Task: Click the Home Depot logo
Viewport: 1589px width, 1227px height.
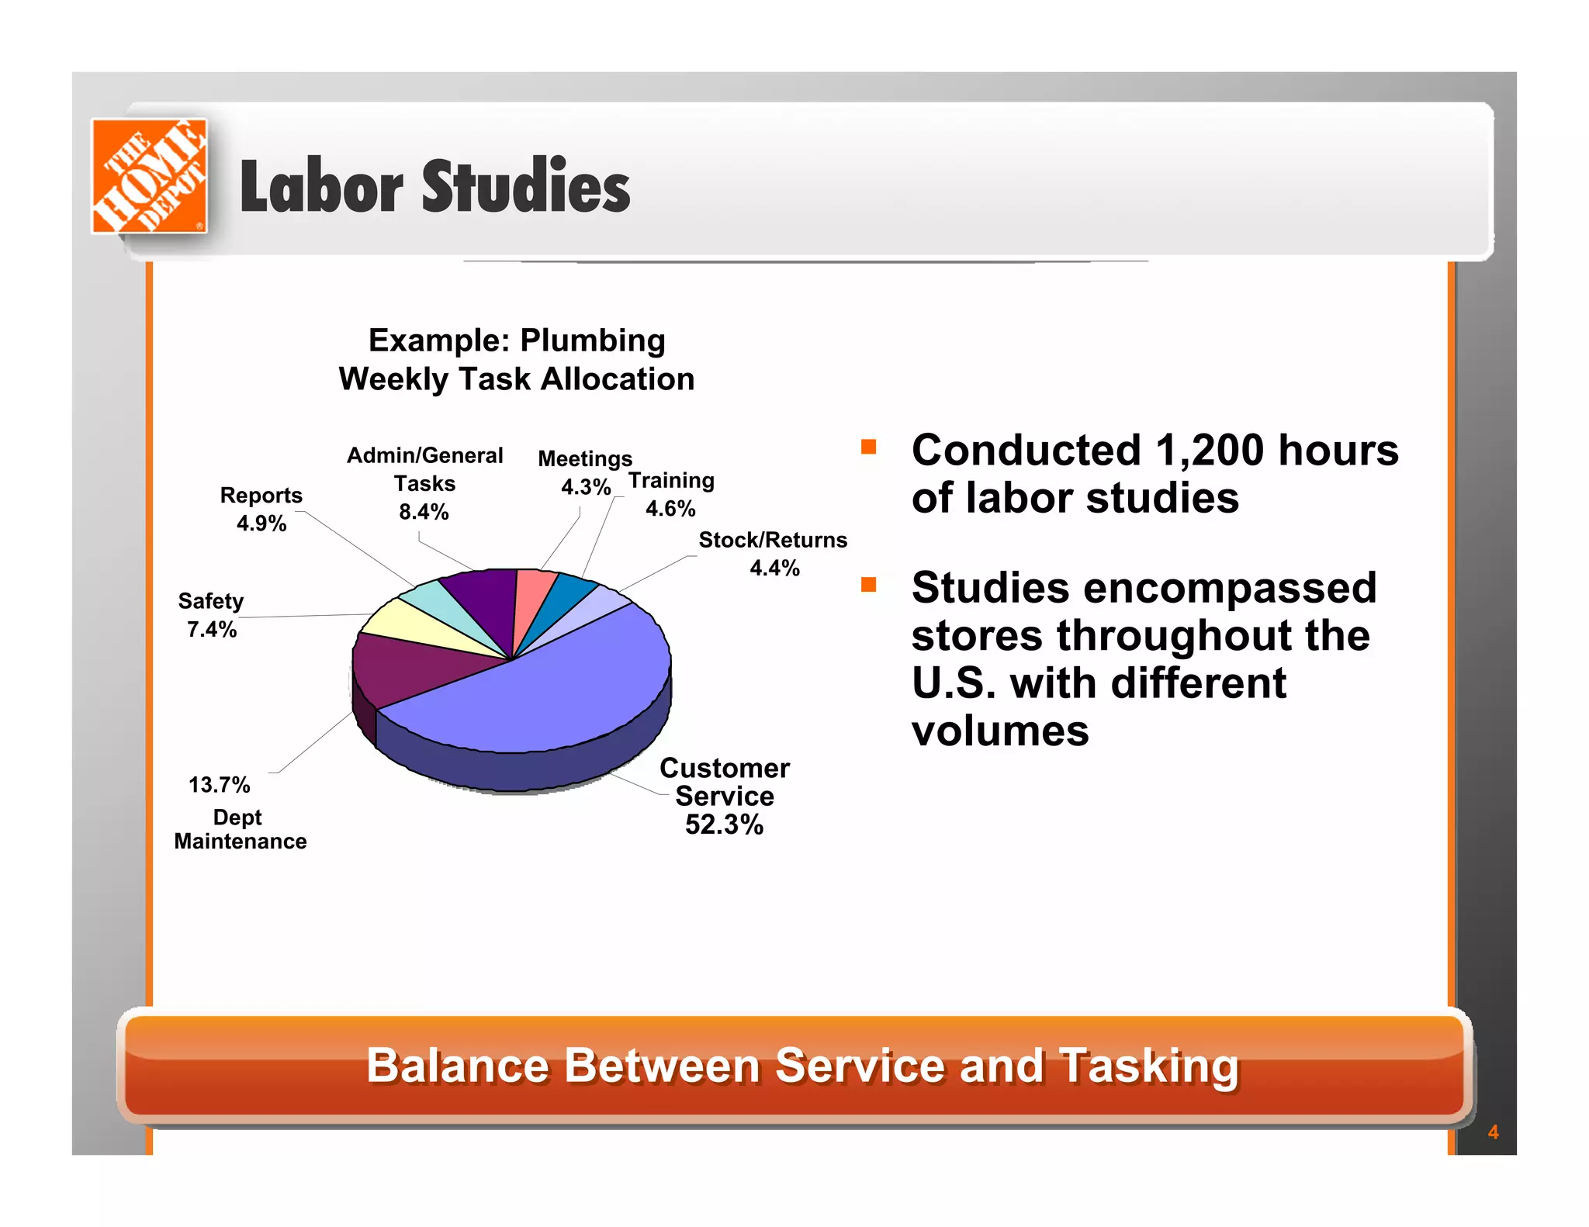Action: tap(149, 176)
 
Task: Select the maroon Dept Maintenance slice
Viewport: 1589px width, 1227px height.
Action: tap(403, 667)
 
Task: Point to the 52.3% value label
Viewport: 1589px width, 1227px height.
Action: tap(723, 824)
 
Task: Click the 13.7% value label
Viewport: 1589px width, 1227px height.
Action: tap(219, 785)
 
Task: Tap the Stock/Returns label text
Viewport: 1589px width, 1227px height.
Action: tap(773, 540)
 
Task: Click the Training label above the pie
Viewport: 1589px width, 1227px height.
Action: tap(671, 481)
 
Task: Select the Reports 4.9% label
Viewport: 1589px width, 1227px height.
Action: tap(261, 509)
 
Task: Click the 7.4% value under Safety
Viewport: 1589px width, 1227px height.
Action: tap(211, 629)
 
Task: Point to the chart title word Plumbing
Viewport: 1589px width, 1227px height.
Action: tap(592, 340)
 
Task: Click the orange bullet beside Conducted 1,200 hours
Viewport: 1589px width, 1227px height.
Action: tap(868, 447)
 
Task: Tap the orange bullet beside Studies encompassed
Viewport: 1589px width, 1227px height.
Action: tap(868, 585)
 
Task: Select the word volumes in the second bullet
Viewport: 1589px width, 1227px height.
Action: tap(1000, 731)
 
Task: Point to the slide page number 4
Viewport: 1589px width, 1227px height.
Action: tap(1493, 1132)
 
